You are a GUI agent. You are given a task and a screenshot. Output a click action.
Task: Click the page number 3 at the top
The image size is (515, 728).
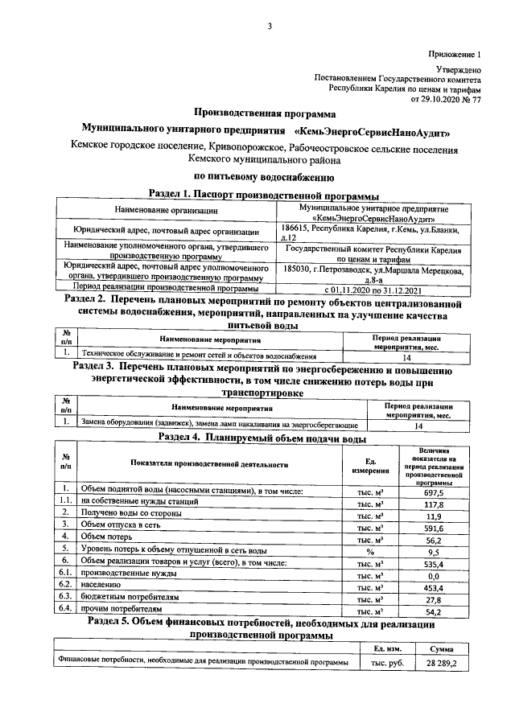[x=271, y=27]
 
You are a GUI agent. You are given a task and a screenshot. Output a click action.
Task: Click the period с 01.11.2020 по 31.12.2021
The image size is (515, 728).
[x=369, y=287]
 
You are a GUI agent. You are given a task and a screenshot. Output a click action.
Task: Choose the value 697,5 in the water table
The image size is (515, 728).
[x=434, y=491]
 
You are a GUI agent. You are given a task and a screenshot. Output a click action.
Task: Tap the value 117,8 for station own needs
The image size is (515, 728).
[x=434, y=504]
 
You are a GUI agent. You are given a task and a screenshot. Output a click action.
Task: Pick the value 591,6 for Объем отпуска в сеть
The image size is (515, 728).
[x=434, y=528]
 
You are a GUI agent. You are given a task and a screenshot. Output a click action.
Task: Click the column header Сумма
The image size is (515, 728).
[x=442, y=648]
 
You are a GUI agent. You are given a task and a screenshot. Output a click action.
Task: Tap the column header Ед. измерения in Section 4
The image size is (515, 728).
[x=370, y=465]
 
